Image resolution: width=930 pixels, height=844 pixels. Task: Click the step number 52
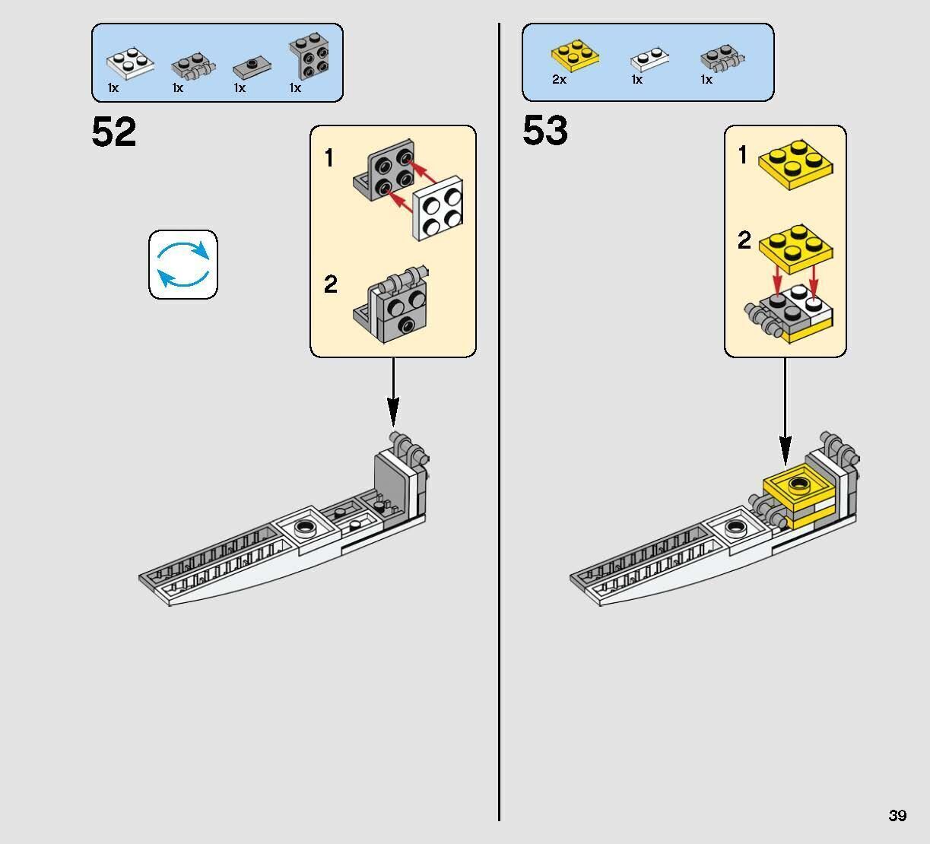tap(114, 132)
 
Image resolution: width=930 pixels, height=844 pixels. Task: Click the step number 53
tap(545, 130)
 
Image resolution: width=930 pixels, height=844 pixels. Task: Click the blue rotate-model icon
tap(183, 265)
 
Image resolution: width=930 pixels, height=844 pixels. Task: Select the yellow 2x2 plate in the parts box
tap(575, 56)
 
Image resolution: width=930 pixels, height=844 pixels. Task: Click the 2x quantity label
tap(559, 80)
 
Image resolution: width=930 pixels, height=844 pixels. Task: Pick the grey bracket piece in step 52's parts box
tap(309, 56)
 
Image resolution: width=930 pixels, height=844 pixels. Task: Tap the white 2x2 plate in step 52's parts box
tap(130, 63)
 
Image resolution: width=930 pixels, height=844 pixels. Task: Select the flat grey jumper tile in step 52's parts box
tap(252, 68)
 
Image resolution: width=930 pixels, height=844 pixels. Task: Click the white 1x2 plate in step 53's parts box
tap(649, 59)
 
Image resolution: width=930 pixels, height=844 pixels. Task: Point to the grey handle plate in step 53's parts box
tap(722, 59)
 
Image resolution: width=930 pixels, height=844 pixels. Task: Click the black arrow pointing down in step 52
tap(393, 392)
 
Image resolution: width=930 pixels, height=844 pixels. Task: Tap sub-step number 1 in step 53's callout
tap(743, 154)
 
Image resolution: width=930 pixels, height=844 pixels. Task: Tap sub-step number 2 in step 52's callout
tap(331, 284)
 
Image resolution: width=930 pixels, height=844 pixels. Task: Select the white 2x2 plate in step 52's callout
tap(438, 208)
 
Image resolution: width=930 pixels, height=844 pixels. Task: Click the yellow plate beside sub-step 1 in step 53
tap(795, 165)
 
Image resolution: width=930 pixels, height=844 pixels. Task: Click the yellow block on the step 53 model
tap(798, 502)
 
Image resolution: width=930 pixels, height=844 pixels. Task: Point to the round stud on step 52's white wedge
tap(305, 527)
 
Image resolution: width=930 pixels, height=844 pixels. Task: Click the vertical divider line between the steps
tap(499, 422)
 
